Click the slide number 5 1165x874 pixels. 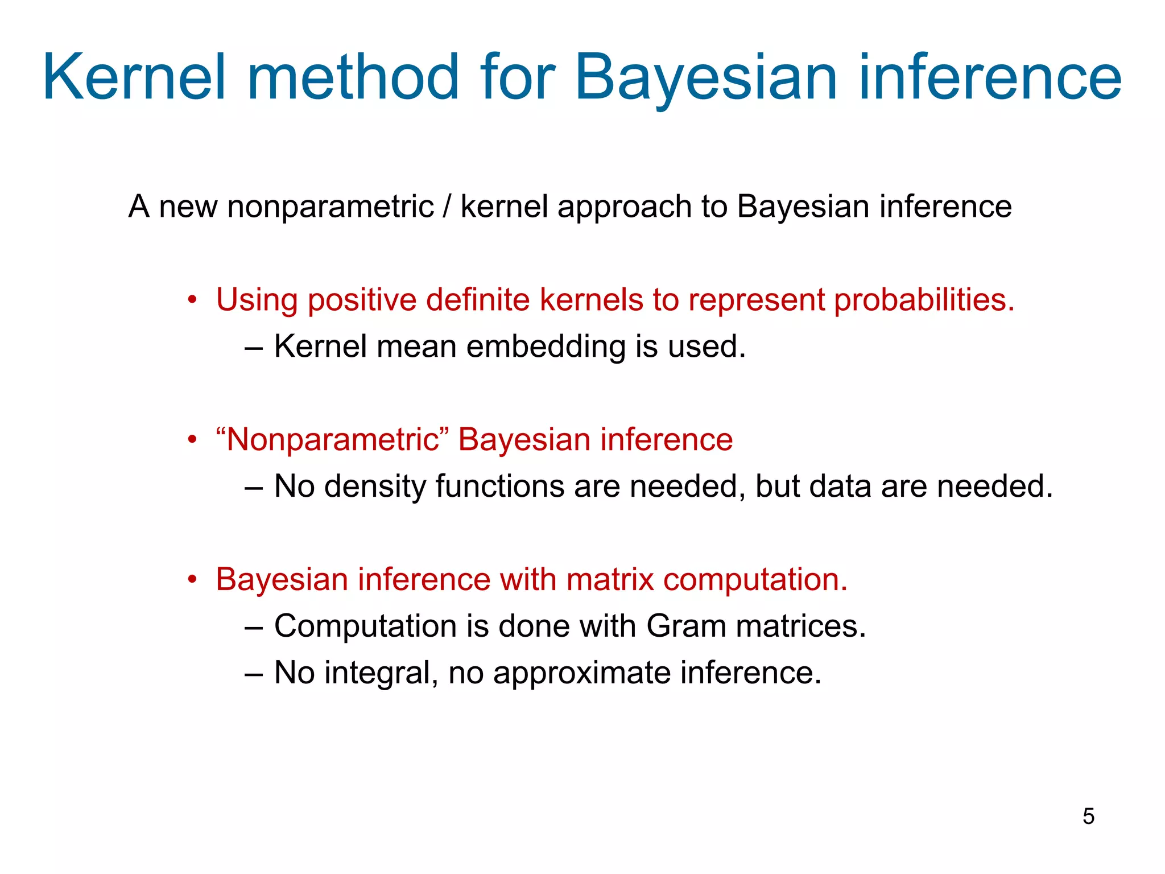click(x=1088, y=816)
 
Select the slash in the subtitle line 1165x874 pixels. click(x=447, y=206)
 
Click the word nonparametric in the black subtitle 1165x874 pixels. click(x=330, y=207)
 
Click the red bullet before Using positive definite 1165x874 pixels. click(x=192, y=300)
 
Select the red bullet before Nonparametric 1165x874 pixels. click(x=192, y=440)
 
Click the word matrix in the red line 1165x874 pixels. click(x=610, y=580)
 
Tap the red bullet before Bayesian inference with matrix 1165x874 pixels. click(x=192, y=580)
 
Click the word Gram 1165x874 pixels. click(x=686, y=626)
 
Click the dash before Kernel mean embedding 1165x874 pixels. click(x=253, y=348)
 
